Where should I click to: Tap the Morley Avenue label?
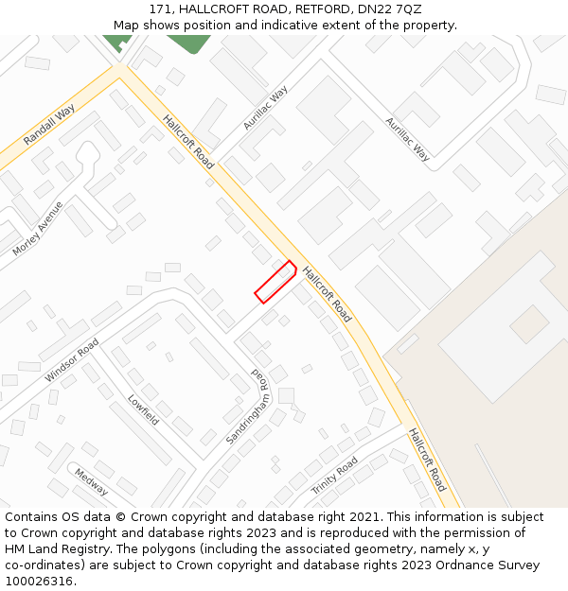(x=38, y=229)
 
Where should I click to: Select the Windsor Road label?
(x=71, y=361)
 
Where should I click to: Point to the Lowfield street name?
(x=144, y=409)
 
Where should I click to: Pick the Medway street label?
(x=91, y=482)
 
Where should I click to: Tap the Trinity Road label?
(x=335, y=476)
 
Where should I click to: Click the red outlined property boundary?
(x=275, y=282)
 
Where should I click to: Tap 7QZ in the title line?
(x=406, y=9)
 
